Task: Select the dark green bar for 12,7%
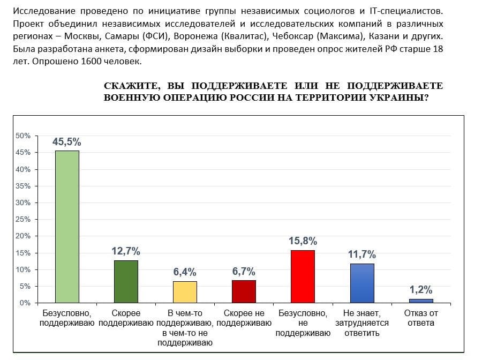(126, 281)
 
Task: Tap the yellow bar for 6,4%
(185, 292)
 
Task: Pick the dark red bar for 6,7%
(244, 291)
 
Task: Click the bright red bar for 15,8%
(303, 276)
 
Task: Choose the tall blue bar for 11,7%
(362, 283)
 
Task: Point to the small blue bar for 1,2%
(421, 301)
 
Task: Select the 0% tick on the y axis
(25, 303)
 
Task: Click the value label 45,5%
(67, 142)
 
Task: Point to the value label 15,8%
(303, 241)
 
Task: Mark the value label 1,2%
(421, 290)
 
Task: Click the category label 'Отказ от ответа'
(421, 318)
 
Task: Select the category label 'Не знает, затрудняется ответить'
(362, 323)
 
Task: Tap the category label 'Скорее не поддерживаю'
(244, 318)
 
